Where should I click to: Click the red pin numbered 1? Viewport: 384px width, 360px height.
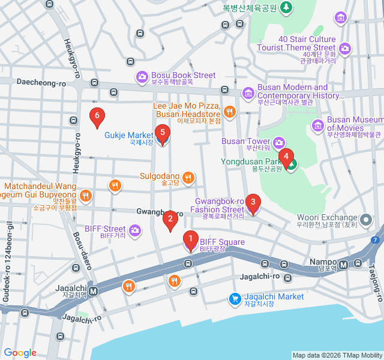click(190, 241)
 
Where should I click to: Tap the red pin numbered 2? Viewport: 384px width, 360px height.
click(170, 220)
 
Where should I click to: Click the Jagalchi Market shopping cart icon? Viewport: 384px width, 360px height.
click(235, 298)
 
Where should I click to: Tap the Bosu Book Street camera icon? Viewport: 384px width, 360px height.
click(142, 76)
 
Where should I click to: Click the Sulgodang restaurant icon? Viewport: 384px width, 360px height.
click(188, 177)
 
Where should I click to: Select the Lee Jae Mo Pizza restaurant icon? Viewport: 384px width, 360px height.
click(229, 111)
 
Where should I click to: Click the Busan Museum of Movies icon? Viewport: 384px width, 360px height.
click(318, 125)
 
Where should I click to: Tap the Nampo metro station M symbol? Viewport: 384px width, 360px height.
click(343, 264)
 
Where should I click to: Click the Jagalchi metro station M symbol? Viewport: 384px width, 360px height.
click(94, 292)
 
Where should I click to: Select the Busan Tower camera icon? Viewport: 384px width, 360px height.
click(279, 142)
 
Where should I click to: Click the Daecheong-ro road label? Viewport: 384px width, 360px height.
click(41, 82)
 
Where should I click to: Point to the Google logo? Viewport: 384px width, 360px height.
click(20, 353)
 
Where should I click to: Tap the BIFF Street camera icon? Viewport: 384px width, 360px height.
click(135, 230)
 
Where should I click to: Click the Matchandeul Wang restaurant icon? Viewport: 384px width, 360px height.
click(86, 195)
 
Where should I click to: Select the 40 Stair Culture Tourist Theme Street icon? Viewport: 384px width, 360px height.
click(344, 48)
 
